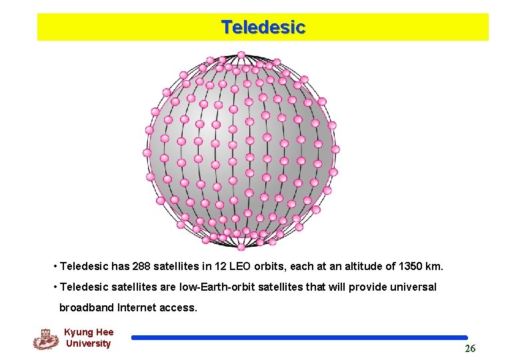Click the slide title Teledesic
coord(263,27)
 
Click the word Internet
coord(138,307)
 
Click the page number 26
coord(470,349)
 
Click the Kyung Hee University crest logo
coord(45,339)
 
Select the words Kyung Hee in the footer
coord(89,332)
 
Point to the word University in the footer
coord(88,343)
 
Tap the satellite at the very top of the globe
coord(241,55)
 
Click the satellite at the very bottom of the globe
coord(241,247)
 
